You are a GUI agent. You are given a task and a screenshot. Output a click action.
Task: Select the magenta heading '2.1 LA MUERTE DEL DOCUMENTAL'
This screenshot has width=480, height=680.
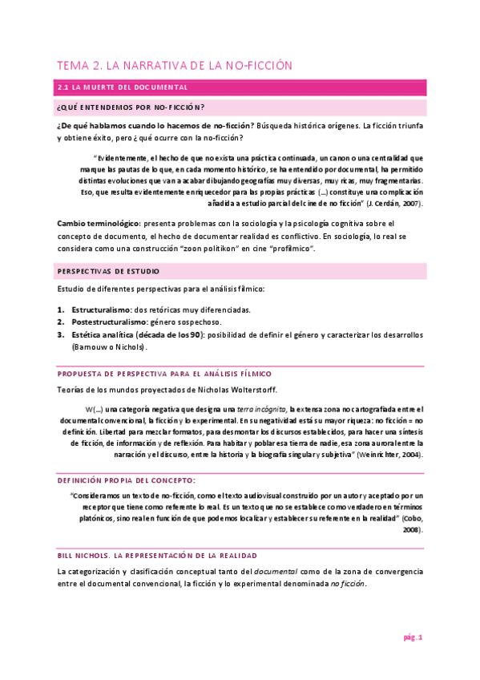[x=123, y=87]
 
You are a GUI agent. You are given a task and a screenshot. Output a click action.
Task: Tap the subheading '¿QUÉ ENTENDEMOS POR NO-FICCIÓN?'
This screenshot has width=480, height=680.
[x=130, y=107]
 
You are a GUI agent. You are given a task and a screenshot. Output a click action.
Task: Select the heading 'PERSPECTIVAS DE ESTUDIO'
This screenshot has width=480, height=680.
[x=108, y=271]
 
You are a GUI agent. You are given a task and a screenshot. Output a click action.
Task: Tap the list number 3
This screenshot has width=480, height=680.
[x=60, y=335]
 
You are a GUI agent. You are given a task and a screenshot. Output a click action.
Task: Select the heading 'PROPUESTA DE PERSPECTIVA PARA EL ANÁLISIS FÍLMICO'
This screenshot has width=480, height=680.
[x=164, y=374]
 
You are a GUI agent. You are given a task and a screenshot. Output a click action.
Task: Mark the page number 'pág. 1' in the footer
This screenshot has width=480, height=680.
[x=412, y=638]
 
